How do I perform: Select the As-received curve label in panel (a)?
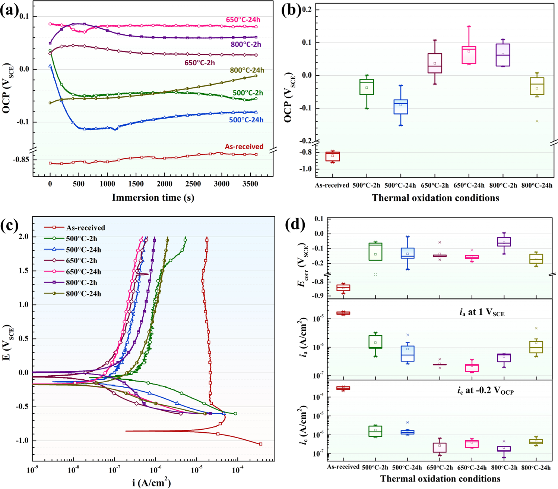point(244,147)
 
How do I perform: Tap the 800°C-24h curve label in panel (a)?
point(247,70)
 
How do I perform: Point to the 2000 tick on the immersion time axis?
point(164,184)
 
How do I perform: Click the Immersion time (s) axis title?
point(153,198)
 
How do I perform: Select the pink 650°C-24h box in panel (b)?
point(469,55)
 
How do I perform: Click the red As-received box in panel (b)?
point(333,156)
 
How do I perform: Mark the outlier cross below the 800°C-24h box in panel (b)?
point(537,121)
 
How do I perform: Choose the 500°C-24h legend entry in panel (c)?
point(83,250)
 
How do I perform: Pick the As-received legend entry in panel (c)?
point(85,228)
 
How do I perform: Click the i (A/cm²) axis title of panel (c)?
point(151,483)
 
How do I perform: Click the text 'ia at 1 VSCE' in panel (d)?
point(482,313)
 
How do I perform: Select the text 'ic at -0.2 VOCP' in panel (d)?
point(485,391)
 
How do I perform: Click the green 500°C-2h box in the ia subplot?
point(375,342)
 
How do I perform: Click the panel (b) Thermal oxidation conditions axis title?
point(435,198)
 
